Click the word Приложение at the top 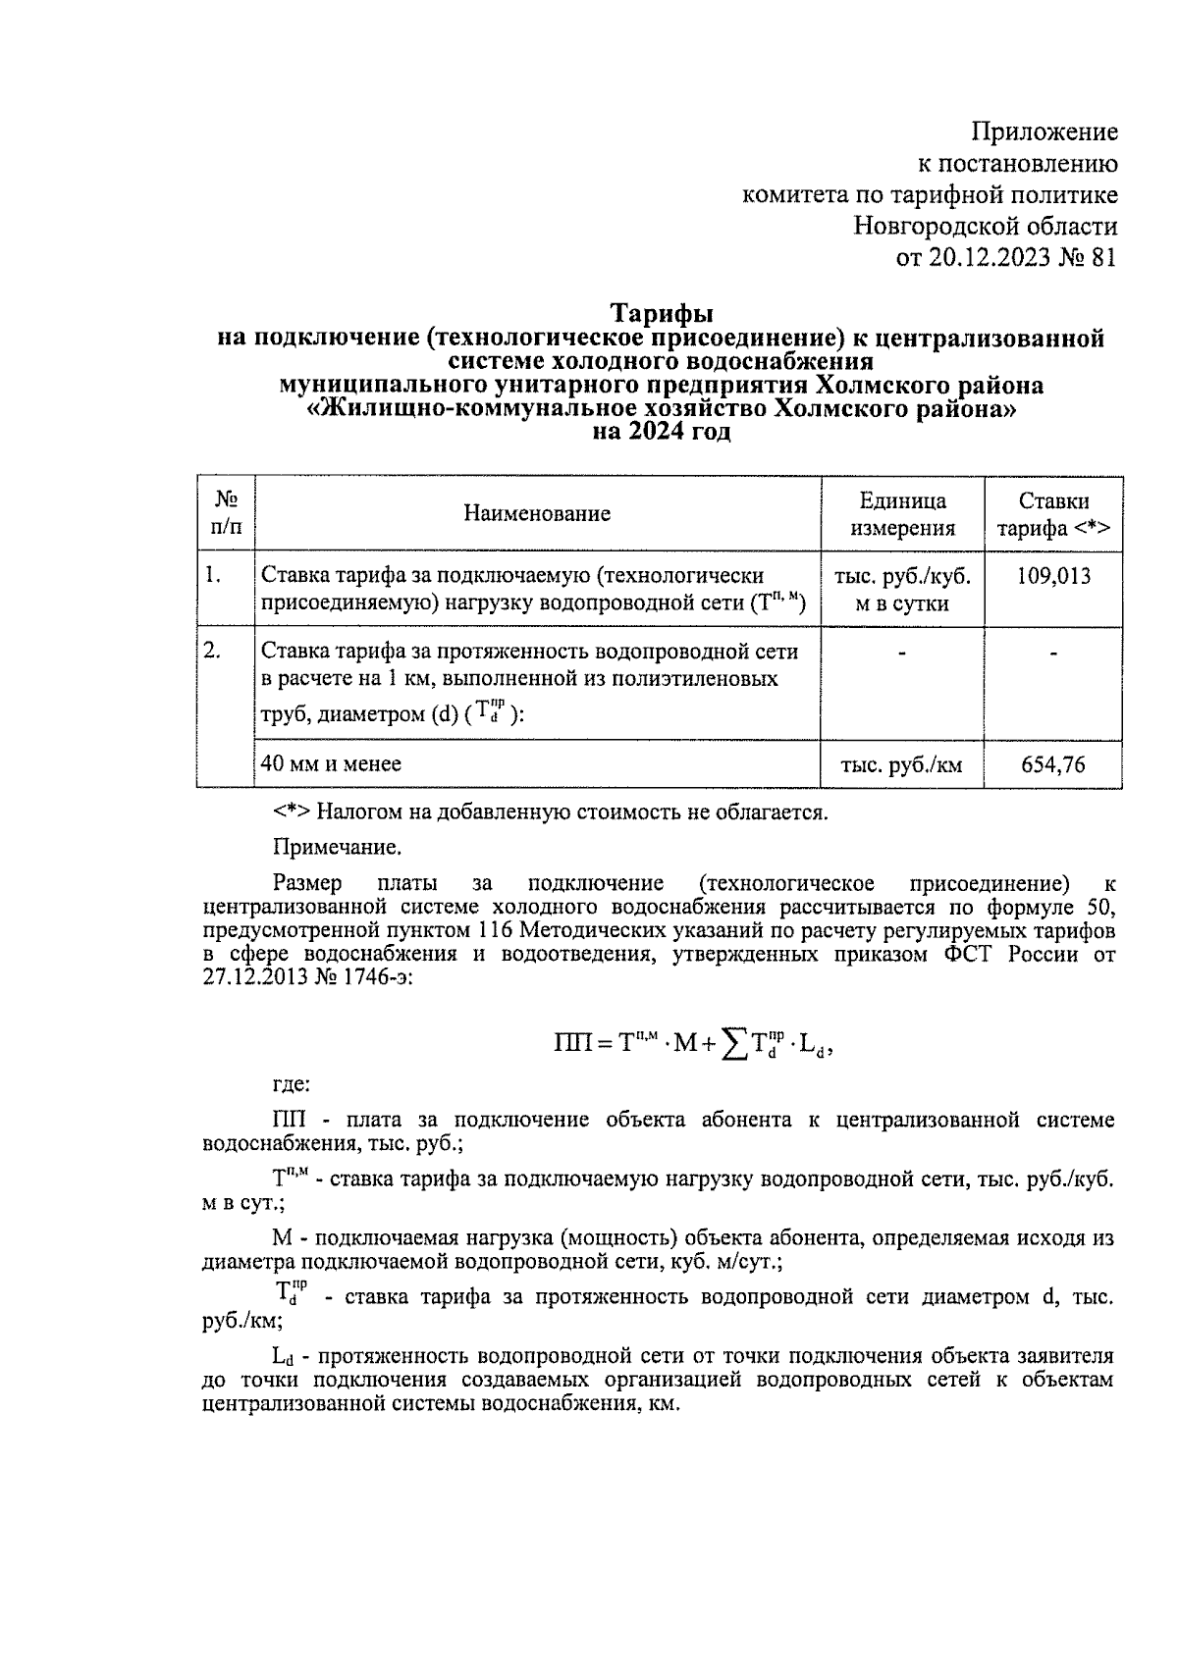pos(1044,131)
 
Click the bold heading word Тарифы pos(662,314)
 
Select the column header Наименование pos(537,513)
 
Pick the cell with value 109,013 pos(1053,576)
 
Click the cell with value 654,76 pos(1053,764)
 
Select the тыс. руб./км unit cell pos(901,765)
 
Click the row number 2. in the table pos(212,650)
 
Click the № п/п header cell pos(226,513)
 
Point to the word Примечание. pos(337,846)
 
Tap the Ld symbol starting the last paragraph pos(283,1358)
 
